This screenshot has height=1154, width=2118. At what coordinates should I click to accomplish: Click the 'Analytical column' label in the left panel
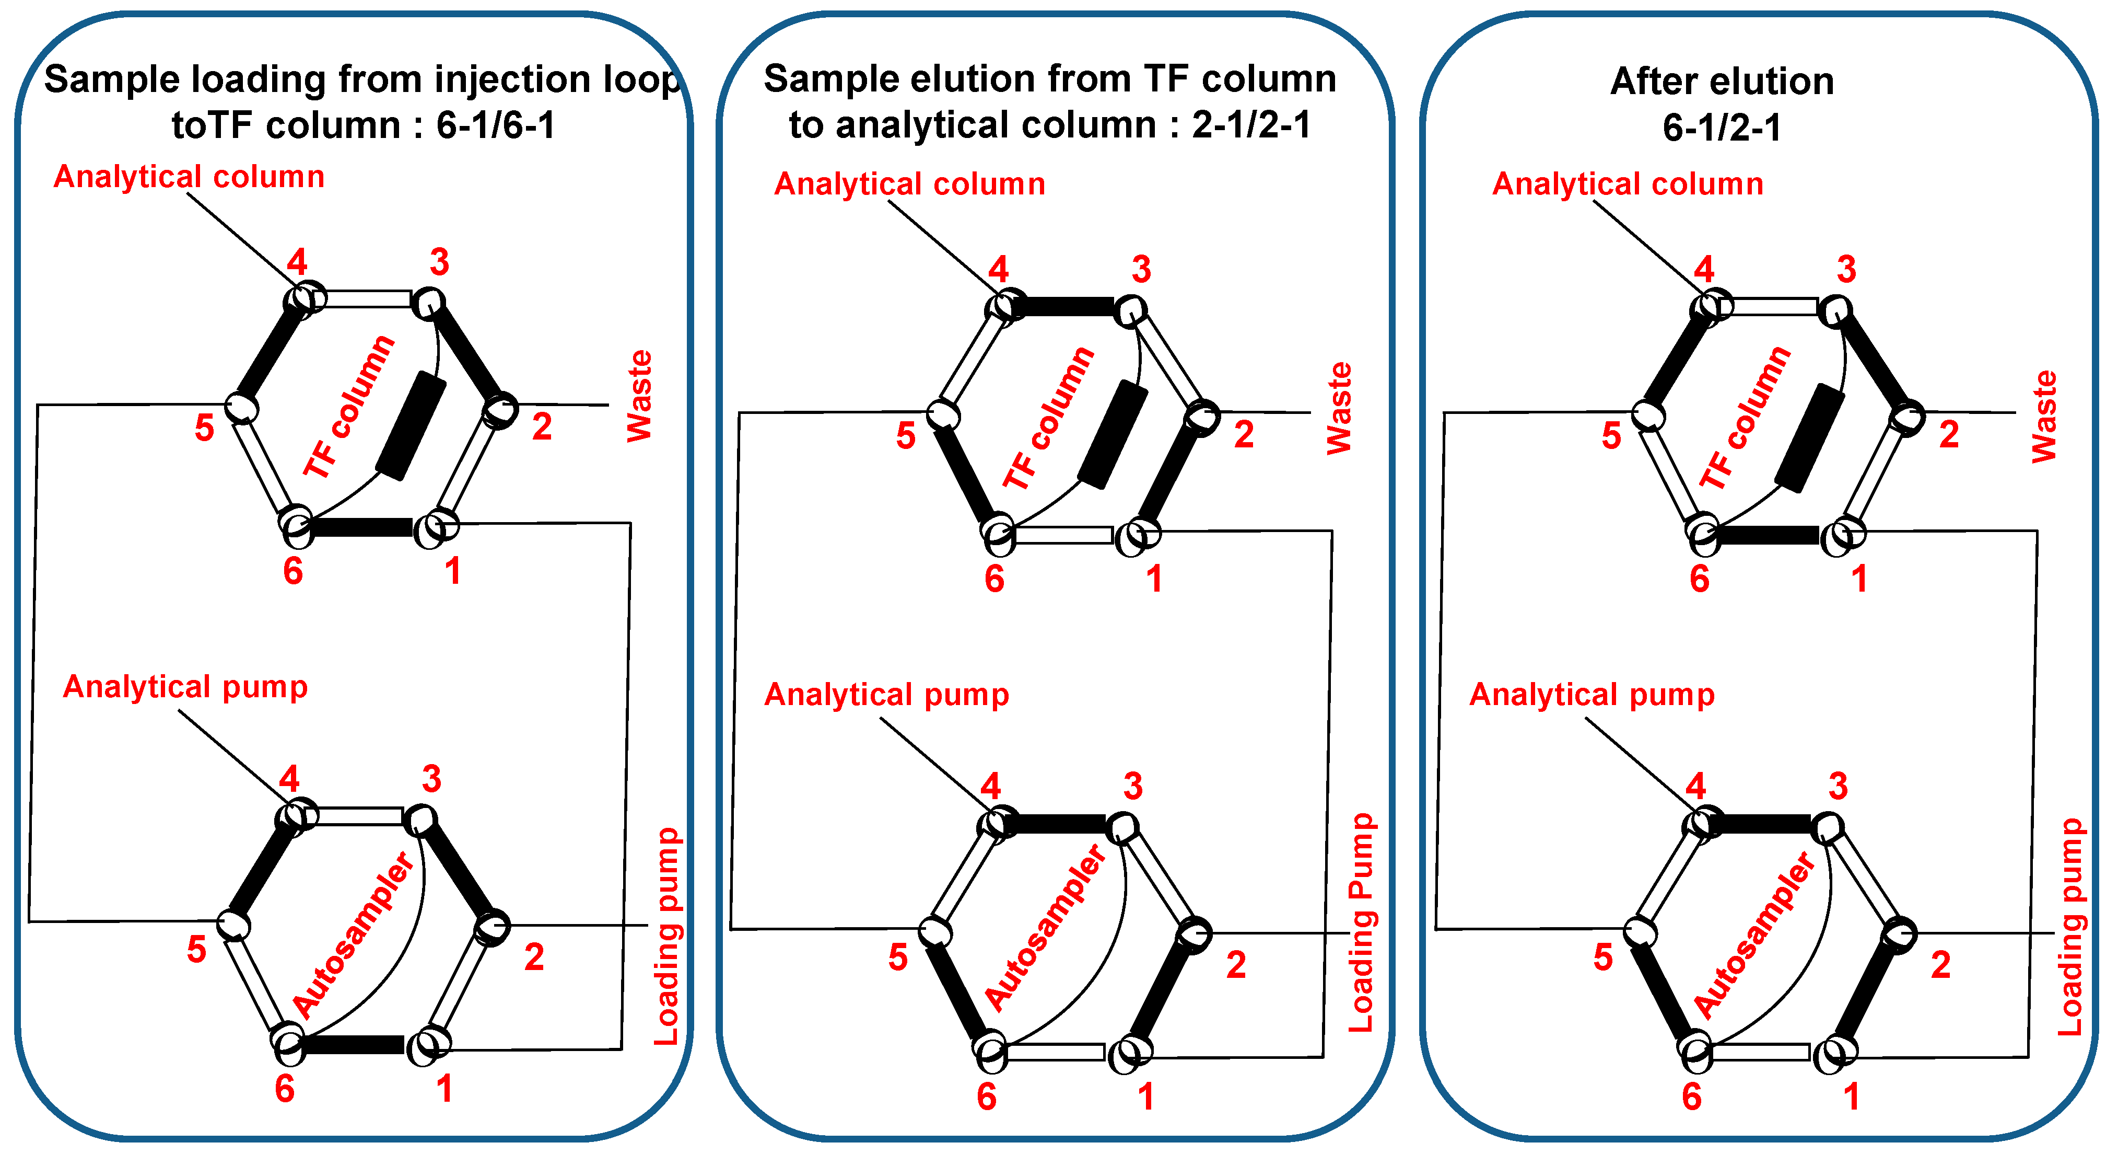coord(189,177)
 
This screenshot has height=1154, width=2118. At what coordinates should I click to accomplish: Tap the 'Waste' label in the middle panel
coord(1339,409)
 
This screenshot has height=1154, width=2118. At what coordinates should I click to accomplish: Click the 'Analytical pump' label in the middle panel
coord(886,695)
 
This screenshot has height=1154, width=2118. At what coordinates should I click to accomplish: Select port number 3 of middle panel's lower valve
coord(1133,787)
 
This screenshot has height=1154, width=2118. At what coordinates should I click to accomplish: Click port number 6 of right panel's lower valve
coord(1691,1097)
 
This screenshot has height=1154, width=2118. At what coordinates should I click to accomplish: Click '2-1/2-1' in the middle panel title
coord(1251,125)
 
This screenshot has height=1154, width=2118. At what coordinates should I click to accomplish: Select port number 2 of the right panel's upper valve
coord(1949,434)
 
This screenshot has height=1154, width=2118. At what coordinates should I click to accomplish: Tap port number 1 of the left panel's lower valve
coord(444,1089)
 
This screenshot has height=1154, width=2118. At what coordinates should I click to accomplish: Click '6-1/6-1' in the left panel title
coord(496,125)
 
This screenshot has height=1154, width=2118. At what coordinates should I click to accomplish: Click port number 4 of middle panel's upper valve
coord(998,269)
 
